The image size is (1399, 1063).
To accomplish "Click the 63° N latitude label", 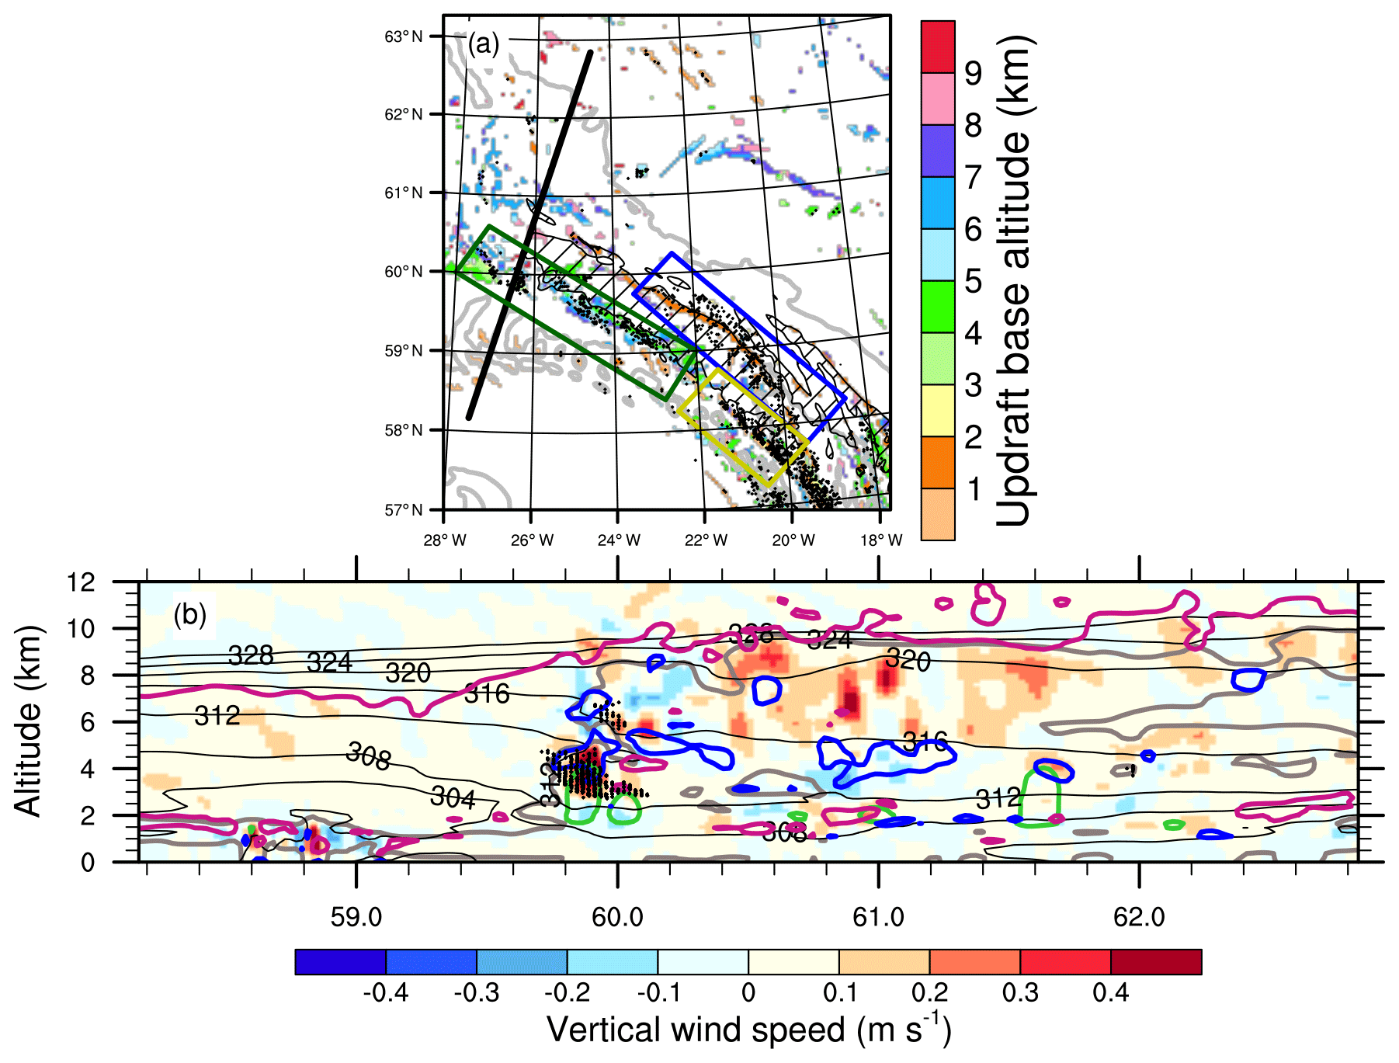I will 404,36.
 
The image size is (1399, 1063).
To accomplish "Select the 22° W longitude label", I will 706,540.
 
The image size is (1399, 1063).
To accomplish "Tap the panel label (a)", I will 484,44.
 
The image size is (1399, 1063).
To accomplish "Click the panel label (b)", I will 190,615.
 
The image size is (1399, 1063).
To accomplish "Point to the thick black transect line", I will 530,233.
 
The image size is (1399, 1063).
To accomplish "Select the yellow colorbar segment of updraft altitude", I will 938,410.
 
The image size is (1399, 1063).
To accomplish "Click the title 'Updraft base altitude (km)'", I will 1014,280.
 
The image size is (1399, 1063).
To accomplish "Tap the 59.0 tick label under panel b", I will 356,917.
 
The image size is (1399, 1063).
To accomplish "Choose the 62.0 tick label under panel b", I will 1139,917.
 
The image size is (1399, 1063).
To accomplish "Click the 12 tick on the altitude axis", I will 81,582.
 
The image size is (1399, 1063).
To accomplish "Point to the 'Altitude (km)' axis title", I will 28,720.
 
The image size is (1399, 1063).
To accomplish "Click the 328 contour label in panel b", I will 251,655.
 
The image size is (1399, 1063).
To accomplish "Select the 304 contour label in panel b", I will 453,797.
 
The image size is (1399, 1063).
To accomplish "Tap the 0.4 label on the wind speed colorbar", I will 1110,992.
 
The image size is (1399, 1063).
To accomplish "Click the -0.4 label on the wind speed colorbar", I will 385,992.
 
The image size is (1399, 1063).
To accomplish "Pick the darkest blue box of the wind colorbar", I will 340,962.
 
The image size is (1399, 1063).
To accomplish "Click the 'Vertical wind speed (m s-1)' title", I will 748,1030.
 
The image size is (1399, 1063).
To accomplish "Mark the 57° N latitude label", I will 404,509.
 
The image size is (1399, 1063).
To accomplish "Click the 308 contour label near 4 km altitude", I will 368,756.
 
